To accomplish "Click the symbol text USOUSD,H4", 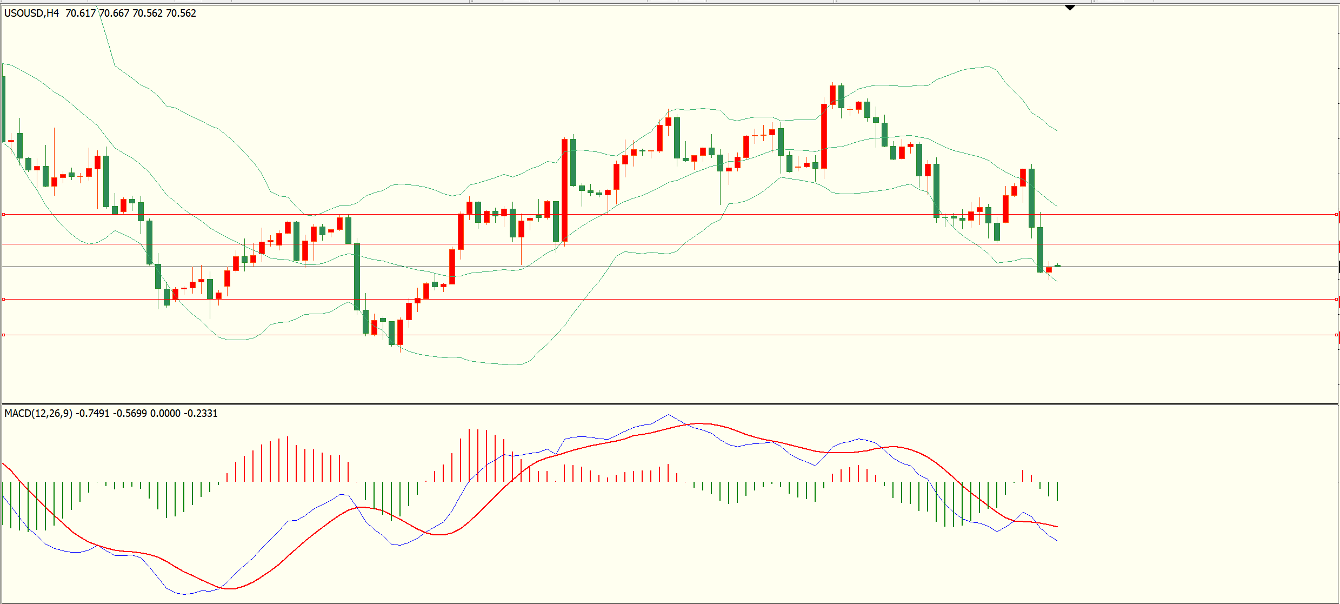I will click(31, 13).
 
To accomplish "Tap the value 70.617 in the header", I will click(81, 13).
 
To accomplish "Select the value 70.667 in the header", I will click(114, 13).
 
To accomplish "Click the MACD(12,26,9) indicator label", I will click(38, 413).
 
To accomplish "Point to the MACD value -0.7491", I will click(92, 413).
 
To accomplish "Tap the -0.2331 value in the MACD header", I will click(201, 413).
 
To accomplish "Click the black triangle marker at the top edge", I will click(1070, 8).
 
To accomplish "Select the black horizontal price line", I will click(649, 267).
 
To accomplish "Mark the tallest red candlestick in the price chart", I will click(564, 189).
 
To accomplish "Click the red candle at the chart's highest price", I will click(832, 95).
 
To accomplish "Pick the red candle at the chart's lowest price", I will click(400, 332).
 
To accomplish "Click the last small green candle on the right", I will click(1057, 266).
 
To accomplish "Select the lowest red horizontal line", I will click(649, 335).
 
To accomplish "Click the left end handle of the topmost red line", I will click(4, 215).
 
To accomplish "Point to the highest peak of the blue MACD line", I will click(668, 415).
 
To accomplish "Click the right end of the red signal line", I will click(1057, 526).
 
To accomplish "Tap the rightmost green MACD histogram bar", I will click(1057, 491).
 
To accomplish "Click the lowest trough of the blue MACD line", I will click(185, 594).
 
